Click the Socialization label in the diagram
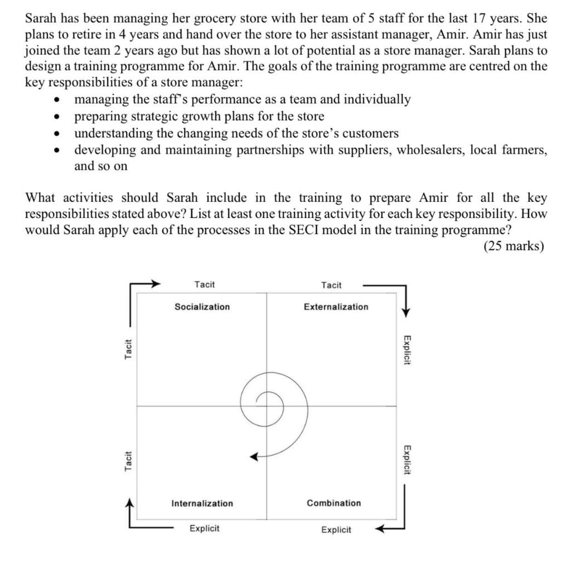(x=202, y=307)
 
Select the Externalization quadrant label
(x=336, y=307)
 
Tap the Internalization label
(x=202, y=504)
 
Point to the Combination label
(x=333, y=503)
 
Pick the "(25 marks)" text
(x=513, y=246)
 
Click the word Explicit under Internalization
(x=204, y=528)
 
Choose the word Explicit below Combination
(x=336, y=530)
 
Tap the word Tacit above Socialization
(x=204, y=285)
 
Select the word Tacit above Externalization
(x=331, y=286)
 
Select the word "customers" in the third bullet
(x=370, y=133)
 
